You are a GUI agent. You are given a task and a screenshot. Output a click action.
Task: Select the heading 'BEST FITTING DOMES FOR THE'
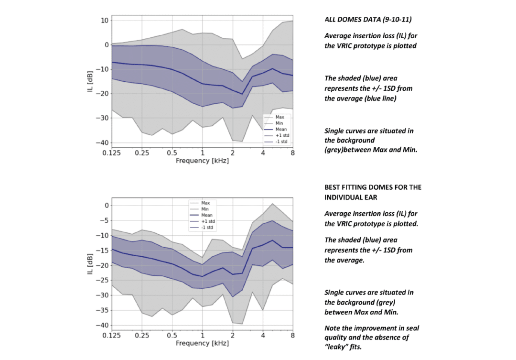pos(373,187)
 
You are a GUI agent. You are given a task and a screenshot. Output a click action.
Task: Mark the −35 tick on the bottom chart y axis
pos(102,310)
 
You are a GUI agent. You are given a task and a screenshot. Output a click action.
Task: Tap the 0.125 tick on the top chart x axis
pos(112,153)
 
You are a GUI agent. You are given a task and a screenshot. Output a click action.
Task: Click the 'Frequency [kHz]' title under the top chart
pos(202,161)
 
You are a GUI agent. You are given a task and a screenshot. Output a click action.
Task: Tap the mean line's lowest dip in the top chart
pos(243,94)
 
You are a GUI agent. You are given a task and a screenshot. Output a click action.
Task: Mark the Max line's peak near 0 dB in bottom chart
pos(272,204)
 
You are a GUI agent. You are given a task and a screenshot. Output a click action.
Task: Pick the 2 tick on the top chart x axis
pos(232,153)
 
